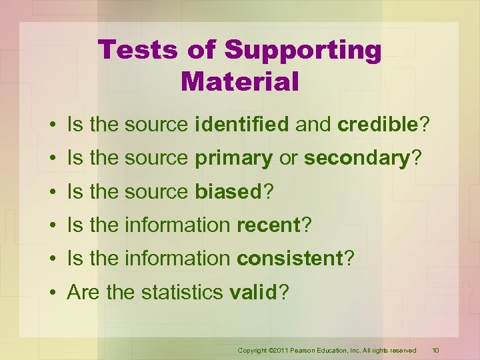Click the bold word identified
(242, 124)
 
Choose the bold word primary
(233, 158)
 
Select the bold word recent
(269, 225)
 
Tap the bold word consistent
(290, 259)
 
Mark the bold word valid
(251, 293)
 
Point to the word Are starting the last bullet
(83, 293)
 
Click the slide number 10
(435, 350)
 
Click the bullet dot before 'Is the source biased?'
(51, 193)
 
